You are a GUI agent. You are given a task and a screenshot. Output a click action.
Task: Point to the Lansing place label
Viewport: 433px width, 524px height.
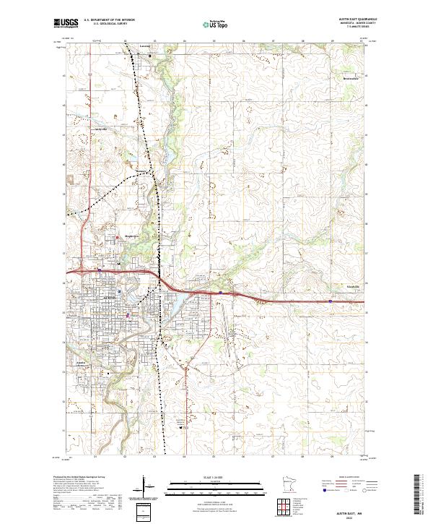tap(144, 46)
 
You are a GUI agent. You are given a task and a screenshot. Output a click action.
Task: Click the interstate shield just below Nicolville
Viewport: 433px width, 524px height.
tap(331, 301)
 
